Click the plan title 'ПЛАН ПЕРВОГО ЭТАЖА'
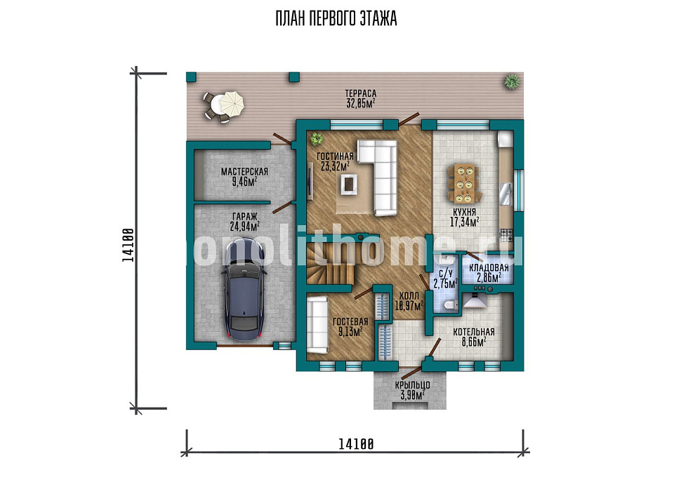point(336,20)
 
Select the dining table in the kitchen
point(463,184)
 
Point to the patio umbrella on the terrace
point(231,103)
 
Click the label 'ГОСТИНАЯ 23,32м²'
point(335,161)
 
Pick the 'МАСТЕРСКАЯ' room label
point(244,171)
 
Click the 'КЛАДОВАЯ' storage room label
point(489,268)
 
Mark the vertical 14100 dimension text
point(128,244)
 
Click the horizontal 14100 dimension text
point(356,444)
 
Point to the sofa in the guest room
point(317,324)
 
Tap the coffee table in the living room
point(349,184)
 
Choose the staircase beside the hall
point(330,263)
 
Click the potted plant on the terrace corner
point(512,81)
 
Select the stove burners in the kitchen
point(506,234)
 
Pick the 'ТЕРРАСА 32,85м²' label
point(361,98)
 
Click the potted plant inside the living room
point(317,138)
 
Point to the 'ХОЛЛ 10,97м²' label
point(409,301)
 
